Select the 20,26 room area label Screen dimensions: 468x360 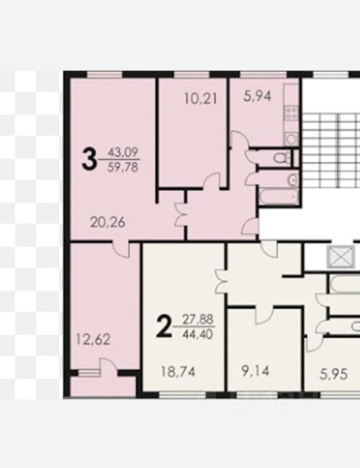click(x=107, y=224)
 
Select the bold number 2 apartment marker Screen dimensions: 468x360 click(x=165, y=327)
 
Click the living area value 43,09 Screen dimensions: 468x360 click(x=123, y=153)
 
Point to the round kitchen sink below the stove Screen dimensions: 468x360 click(x=290, y=137)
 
